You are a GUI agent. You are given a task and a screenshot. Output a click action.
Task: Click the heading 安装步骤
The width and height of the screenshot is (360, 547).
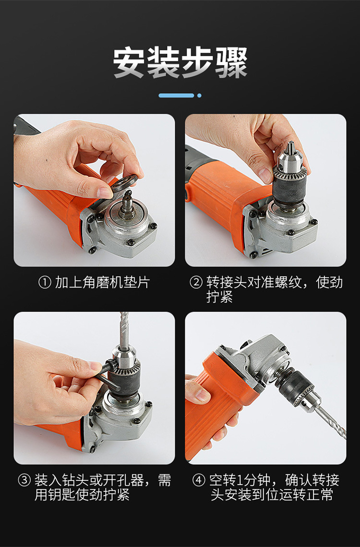pos(180,63)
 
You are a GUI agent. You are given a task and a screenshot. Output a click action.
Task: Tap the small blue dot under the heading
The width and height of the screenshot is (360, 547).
pos(199,95)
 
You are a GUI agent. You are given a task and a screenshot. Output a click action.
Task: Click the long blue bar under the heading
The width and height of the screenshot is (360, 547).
pos(177,95)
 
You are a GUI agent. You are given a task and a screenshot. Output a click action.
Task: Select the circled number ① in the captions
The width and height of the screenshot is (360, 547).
pos(45,282)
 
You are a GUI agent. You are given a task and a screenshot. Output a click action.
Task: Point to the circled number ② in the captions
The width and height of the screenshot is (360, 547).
pos(196,282)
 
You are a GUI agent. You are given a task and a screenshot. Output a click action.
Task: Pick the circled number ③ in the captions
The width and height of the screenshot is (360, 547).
pos(24,480)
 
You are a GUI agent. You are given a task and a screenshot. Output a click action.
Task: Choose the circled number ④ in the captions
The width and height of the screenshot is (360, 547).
pos(199,480)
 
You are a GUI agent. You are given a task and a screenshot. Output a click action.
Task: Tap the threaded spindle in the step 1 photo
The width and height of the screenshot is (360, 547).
pos(127,206)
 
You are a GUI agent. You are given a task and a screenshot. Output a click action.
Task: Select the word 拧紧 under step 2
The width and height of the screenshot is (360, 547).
pos(219,297)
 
